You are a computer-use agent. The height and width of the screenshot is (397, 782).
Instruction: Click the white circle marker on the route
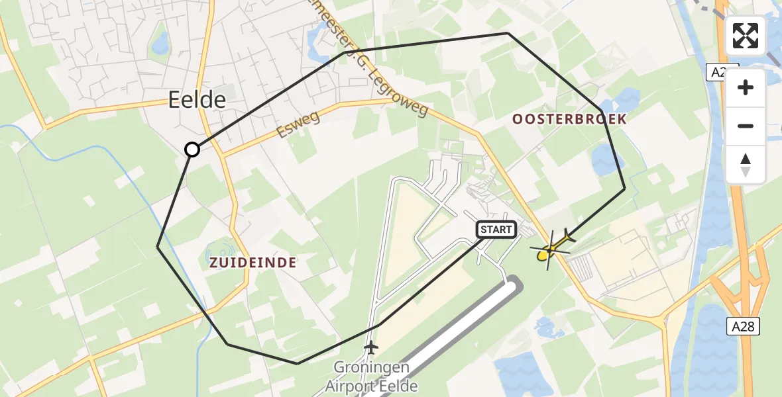click(192, 150)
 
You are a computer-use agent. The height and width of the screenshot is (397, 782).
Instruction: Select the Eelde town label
click(197, 100)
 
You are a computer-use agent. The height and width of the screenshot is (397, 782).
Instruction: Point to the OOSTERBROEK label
click(569, 118)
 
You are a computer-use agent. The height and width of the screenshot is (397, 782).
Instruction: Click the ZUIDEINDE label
click(252, 263)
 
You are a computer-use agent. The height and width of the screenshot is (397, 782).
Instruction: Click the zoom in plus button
click(746, 87)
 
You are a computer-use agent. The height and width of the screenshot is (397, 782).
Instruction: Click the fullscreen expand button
click(746, 36)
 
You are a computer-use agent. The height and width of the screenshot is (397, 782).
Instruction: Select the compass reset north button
click(746, 164)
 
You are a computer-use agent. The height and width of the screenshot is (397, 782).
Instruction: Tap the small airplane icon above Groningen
click(371, 347)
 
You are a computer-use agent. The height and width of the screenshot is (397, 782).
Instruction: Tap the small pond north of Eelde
click(160, 44)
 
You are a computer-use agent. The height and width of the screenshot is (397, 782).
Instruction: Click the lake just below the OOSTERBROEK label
click(604, 160)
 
